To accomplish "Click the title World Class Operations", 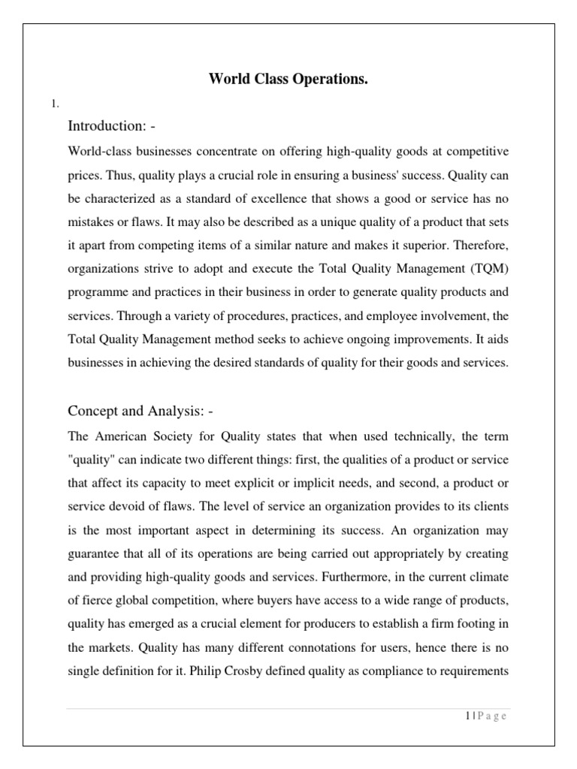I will [288, 80].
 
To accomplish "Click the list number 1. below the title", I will [54, 104].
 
